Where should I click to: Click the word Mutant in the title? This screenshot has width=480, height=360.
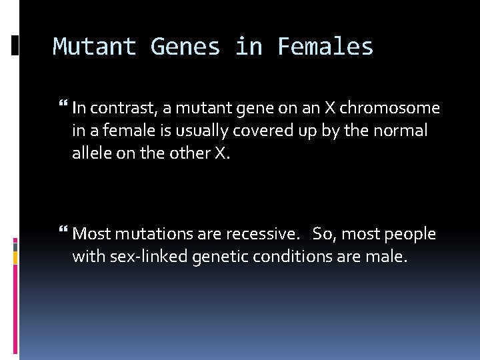(95, 47)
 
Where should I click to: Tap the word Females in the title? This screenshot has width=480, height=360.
(325, 47)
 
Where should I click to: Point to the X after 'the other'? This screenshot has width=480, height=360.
(221, 153)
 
